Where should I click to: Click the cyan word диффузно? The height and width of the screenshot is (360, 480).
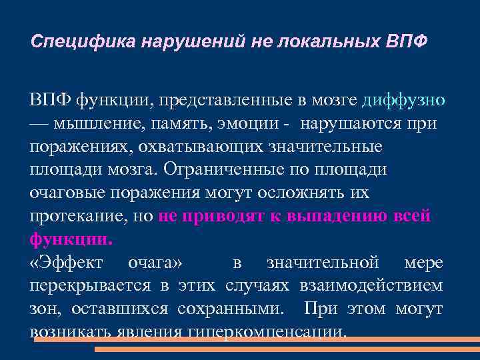(x=403, y=100)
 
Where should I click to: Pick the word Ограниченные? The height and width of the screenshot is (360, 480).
(x=226, y=169)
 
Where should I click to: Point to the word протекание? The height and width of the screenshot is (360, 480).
(x=76, y=216)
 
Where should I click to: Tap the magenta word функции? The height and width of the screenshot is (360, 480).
(x=70, y=239)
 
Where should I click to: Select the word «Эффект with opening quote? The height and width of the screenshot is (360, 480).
(x=67, y=262)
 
